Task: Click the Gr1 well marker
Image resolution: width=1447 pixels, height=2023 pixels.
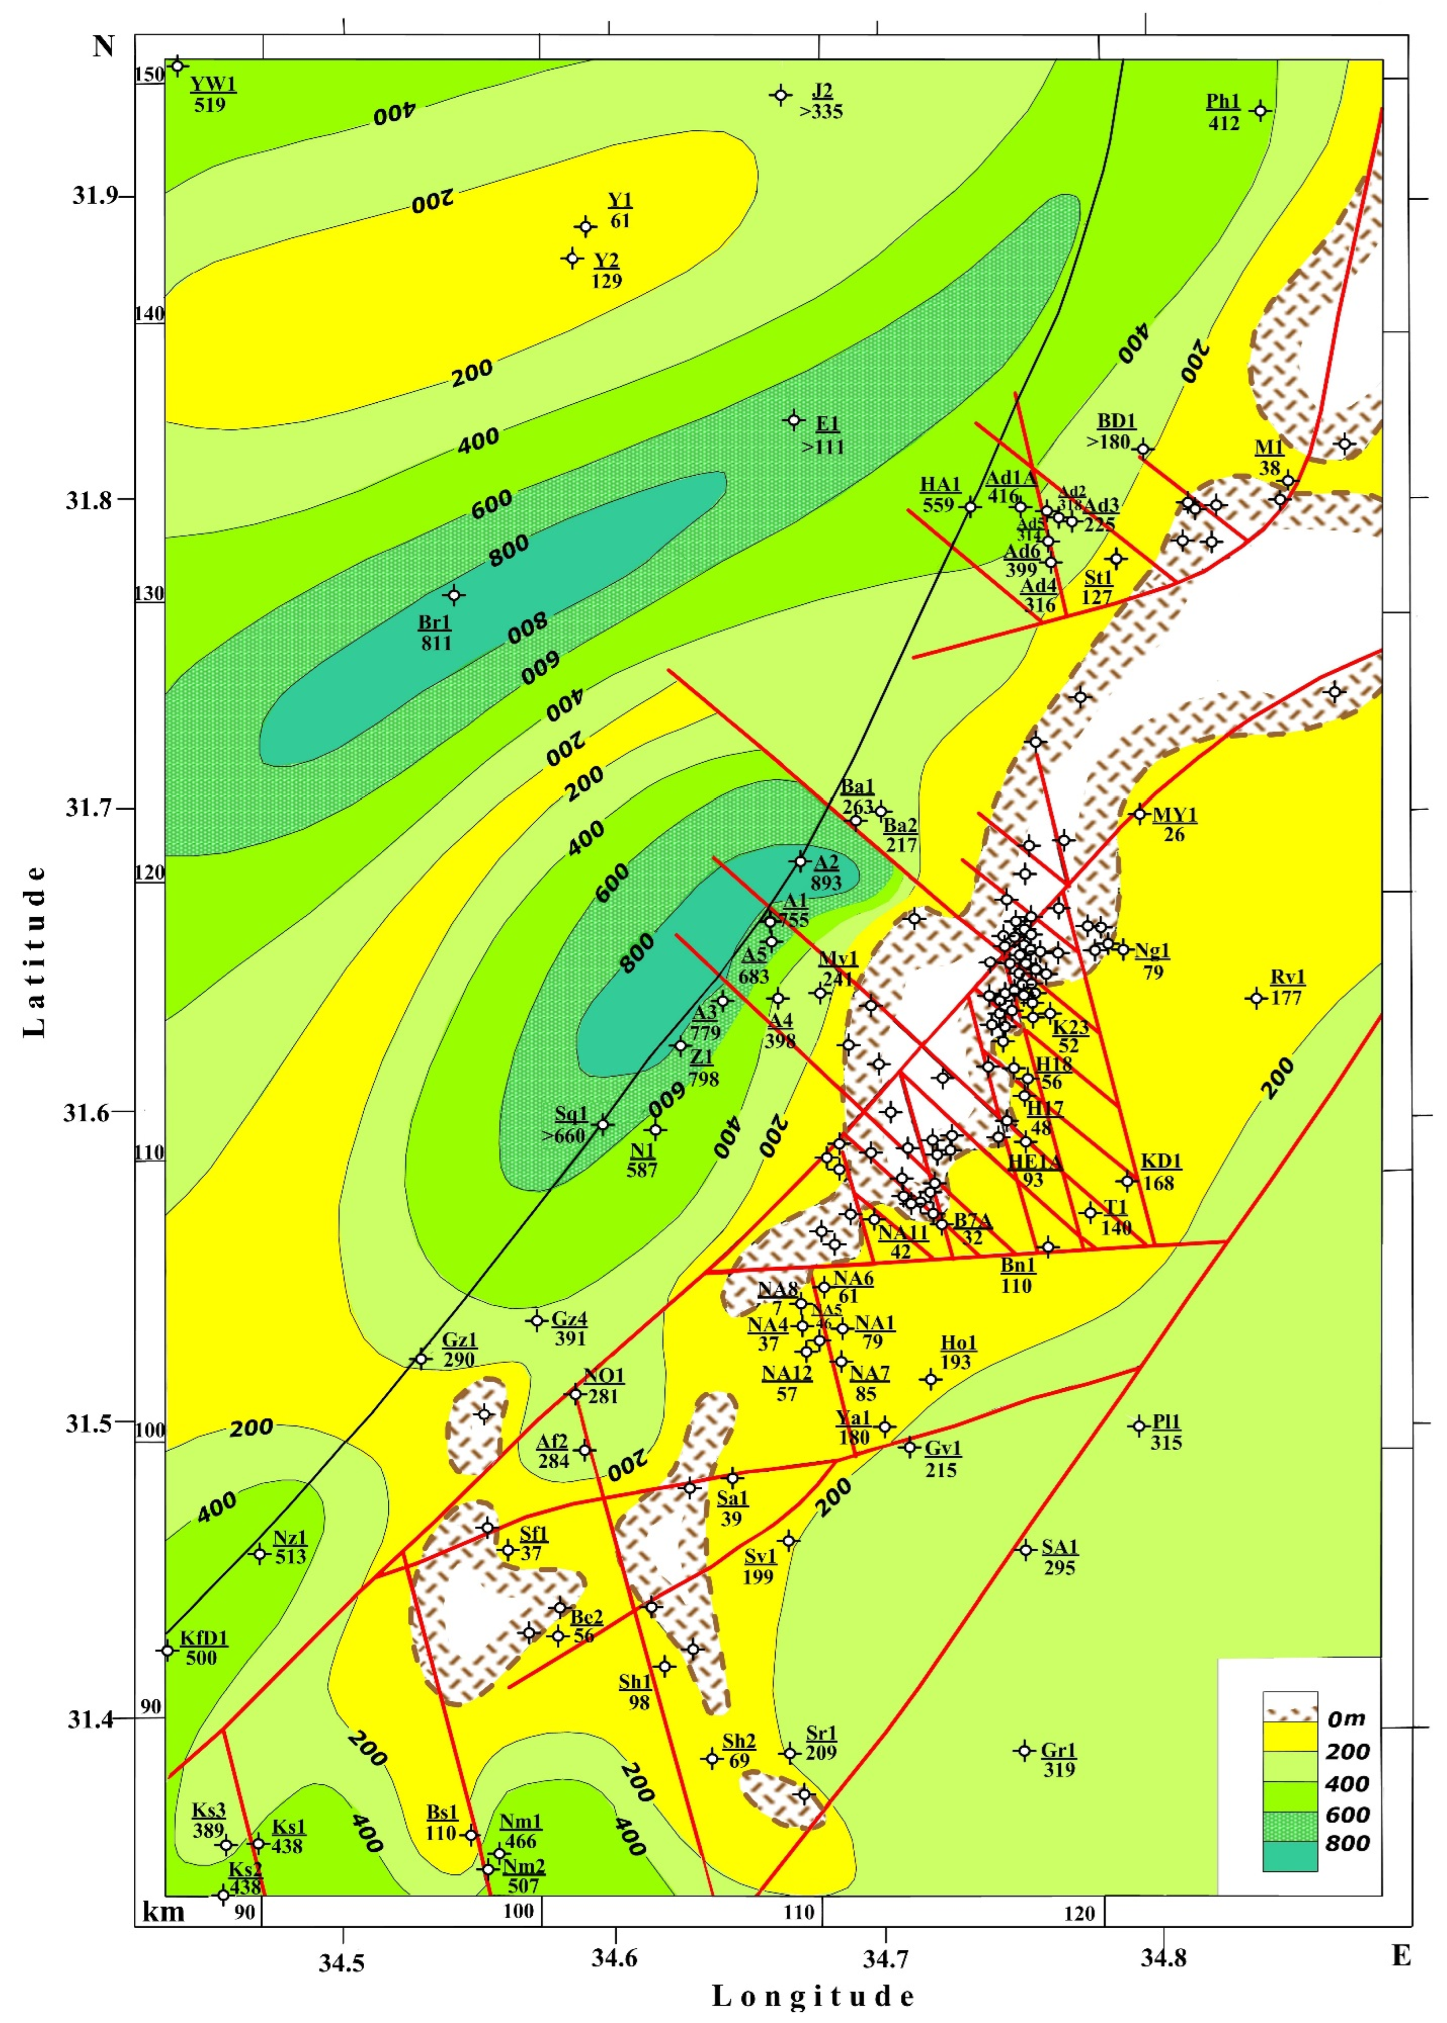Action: (1025, 1750)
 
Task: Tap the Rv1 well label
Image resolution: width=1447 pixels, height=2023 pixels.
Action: (1287, 977)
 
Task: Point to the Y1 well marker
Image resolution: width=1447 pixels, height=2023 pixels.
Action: (585, 227)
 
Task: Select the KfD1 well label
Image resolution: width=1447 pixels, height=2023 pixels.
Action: (204, 1638)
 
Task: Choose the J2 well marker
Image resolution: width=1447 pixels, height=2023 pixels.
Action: (781, 95)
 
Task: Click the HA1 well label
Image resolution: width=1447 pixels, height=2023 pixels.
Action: (940, 485)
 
